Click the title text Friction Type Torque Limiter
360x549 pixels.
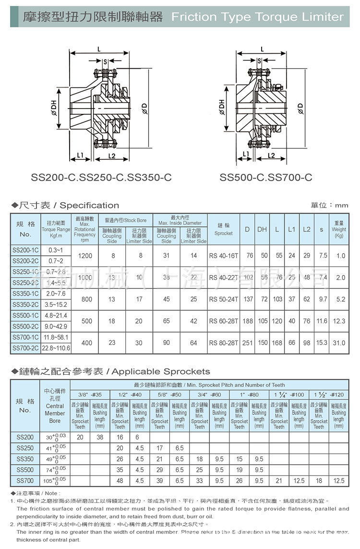point(257,17)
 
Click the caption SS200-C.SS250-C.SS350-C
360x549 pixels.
point(101,178)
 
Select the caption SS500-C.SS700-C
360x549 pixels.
point(266,178)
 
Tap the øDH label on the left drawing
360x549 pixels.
point(53,110)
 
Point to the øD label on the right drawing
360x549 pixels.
point(300,109)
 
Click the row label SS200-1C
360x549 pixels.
point(26,250)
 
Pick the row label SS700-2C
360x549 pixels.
point(26,348)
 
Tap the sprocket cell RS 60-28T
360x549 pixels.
point(224,321)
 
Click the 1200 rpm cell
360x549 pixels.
point(85,256)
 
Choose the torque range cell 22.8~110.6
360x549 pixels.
point(56,348)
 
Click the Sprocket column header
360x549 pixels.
point(224,230)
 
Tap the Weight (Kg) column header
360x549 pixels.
point(339,230)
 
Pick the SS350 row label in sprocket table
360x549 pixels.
point(25,459)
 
